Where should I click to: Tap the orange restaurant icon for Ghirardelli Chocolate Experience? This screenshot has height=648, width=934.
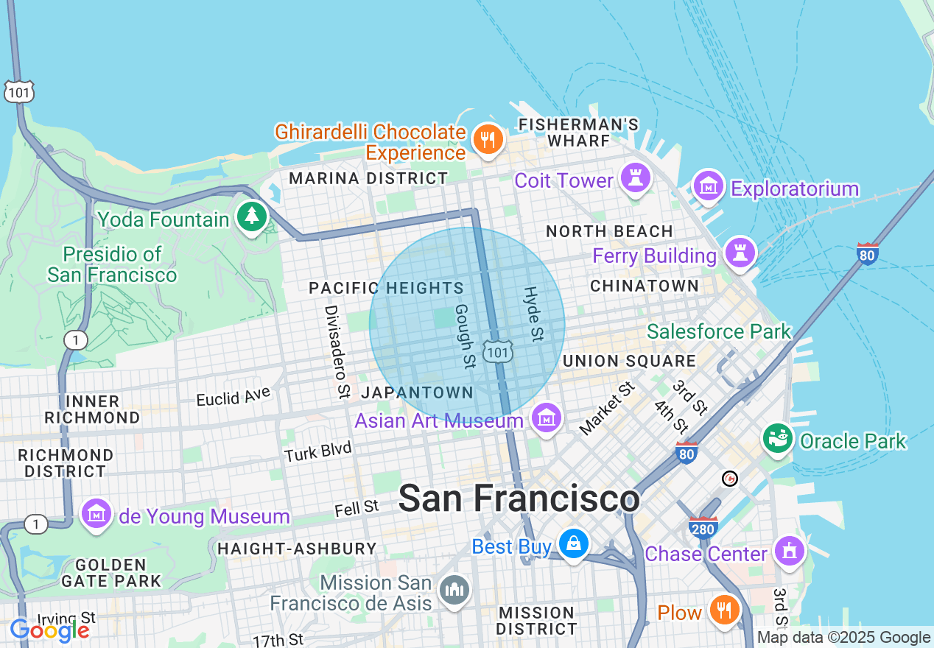(x=487, y=138)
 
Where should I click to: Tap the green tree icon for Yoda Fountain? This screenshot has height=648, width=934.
(x=252, y=216)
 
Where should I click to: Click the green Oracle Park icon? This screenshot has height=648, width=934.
(x=777, y=438)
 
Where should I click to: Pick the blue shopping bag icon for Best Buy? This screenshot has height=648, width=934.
(x=572, y=544)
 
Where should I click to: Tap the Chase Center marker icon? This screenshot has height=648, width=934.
(x=790, y=551)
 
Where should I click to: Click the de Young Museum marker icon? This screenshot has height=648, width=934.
(x=96, y=513)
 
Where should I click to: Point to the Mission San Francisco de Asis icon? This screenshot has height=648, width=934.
(x=454, y=590)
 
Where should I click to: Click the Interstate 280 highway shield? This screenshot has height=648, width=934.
(x=703, y=527)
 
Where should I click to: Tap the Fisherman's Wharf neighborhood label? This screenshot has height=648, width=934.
(x=578, y=132)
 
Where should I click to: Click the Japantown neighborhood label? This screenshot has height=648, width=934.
(x=417, y=392)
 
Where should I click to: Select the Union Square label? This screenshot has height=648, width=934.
(x=629, y=361)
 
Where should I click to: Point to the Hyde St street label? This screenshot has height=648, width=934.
(x=532, y=314)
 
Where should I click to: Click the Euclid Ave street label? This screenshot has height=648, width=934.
(x=233, y=397)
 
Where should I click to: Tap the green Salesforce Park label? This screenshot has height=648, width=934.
(x=719, y=332)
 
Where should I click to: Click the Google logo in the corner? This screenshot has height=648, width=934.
(x=50, y=630)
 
